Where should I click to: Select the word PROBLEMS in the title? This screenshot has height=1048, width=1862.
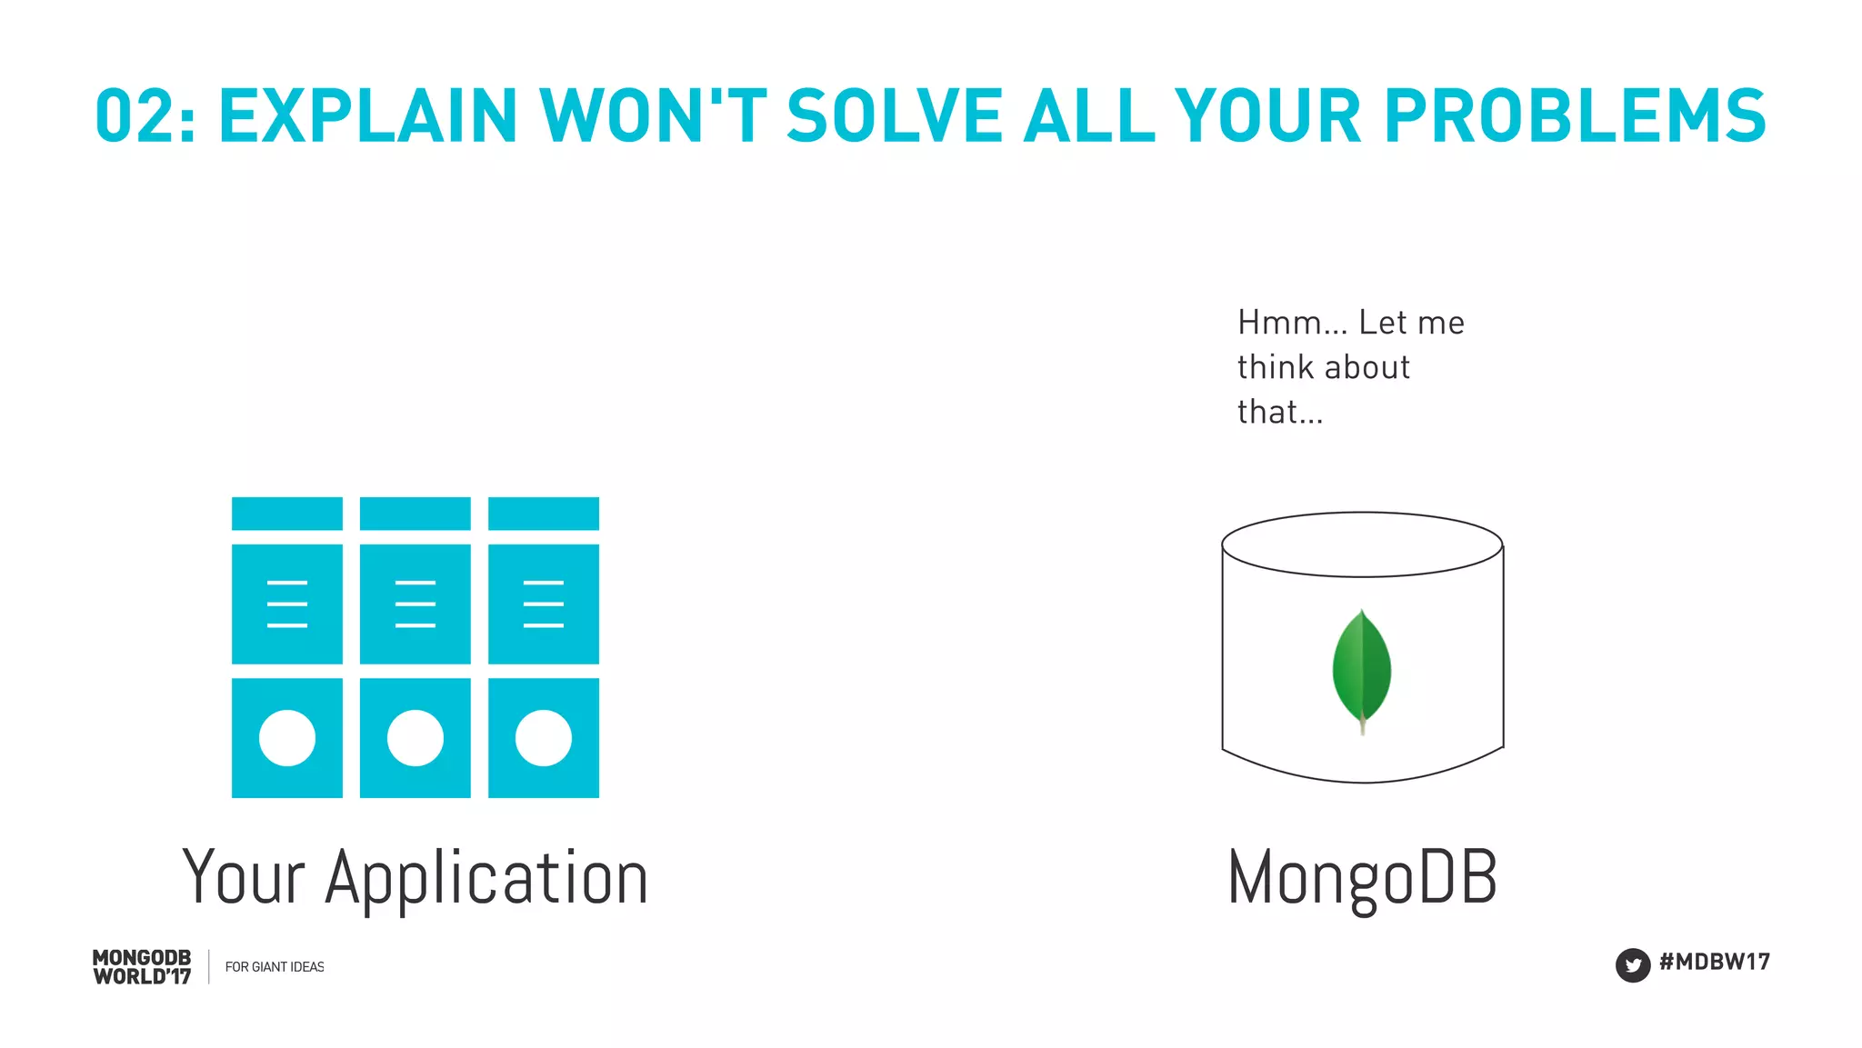(x=1575, y=116)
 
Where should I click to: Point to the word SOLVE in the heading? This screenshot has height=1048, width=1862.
(x=894, y=116)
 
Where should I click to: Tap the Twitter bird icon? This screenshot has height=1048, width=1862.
(x=1632, y=964)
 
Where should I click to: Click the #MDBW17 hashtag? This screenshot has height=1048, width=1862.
(x=1714, y=962)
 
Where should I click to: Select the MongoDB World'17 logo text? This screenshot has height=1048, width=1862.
(x=142, y=967)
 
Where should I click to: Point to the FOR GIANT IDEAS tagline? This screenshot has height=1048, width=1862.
(x=275, y=967)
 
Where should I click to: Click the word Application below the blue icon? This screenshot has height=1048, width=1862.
(x=486, y=878)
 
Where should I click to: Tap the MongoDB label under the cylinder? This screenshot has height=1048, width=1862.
(x=1362, y=878)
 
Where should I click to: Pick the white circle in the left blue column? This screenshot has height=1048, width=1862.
(x=287, y=738)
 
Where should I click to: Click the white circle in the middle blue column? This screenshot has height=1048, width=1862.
(x=415, y=738)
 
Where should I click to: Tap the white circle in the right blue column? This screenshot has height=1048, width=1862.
(x=544, y=738)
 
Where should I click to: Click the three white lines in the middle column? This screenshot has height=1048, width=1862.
(x=415, y=604)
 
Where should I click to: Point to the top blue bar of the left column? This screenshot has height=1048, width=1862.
(x=287, y=514)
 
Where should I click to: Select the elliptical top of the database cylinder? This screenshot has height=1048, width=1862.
(x=1362, y=544)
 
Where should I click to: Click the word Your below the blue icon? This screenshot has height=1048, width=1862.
(x=244, y=878)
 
